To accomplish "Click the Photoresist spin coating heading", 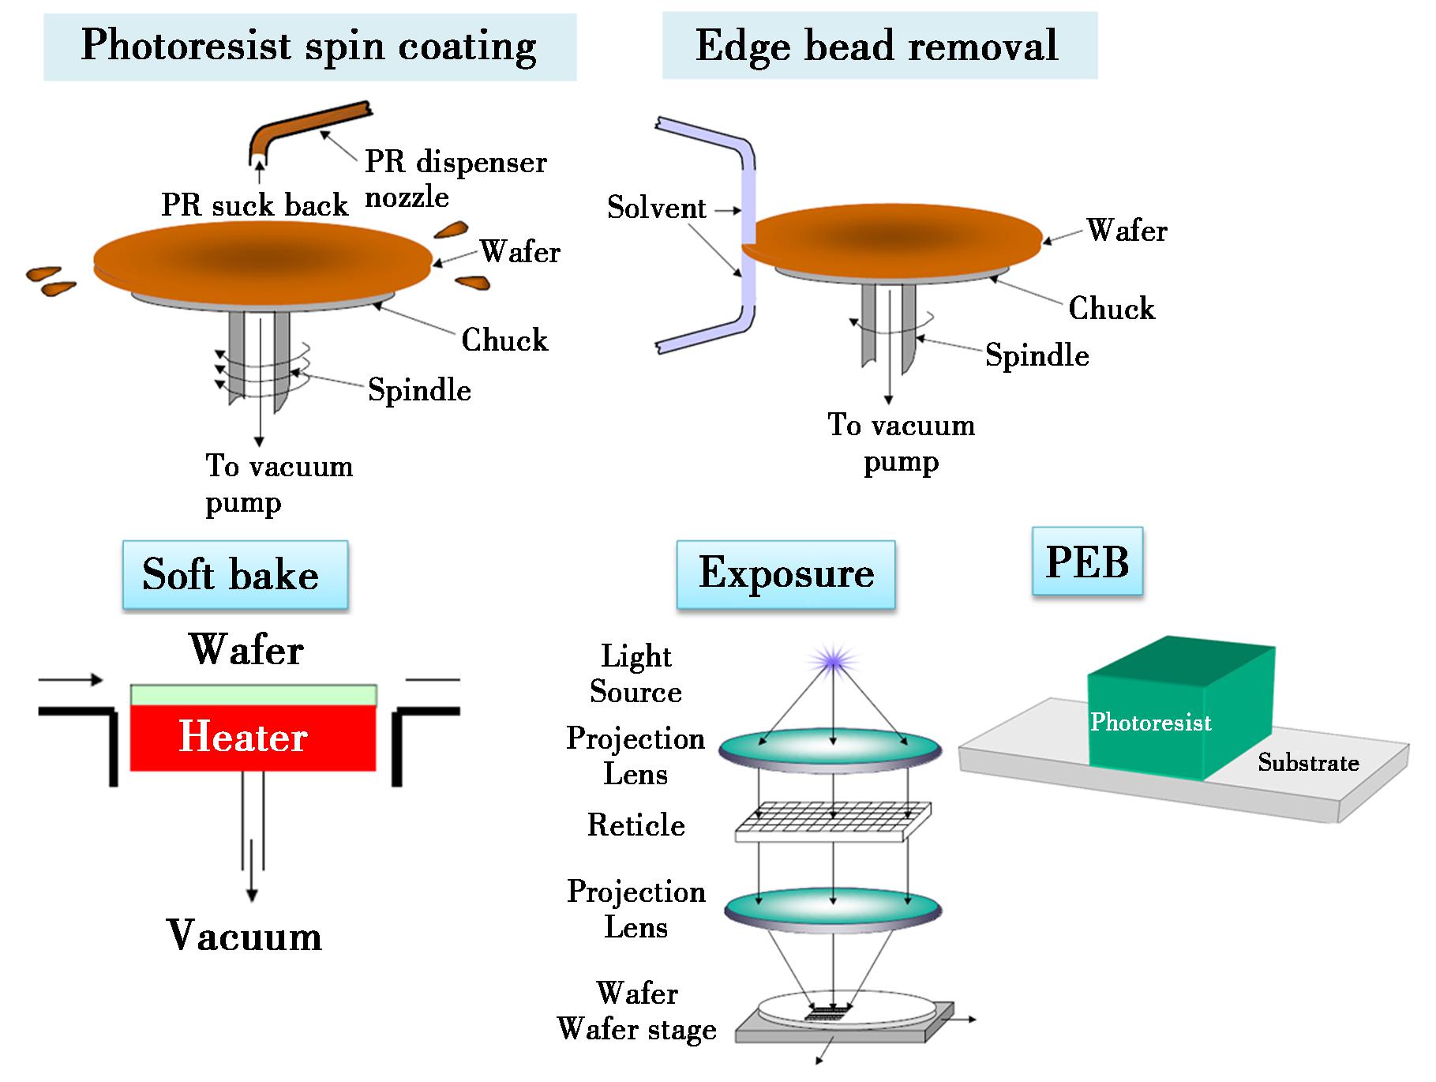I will tap(309, 46).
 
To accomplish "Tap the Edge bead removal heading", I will tap(878, 46).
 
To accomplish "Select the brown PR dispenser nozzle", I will tap(308, 126).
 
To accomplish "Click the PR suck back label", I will tap(254, 205).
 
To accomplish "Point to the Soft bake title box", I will tap(234, 574).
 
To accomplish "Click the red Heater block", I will tap(253, 738).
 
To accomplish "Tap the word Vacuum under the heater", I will tap(245, 936).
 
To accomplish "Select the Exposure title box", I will tap(785, 573).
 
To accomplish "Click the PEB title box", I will tap(1087, 562).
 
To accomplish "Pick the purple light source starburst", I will tap(834, 659).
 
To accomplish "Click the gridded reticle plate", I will tap(833, 822).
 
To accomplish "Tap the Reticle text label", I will tap(636, 825).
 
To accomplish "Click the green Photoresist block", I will tap(1176, 711).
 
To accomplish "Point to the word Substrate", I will tap(1308, 763).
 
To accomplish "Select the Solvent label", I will tap(656, 209).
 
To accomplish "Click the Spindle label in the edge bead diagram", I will tap(1037, 355).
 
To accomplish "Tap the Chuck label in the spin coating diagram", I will tap(504, 340).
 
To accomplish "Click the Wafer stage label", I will tap(636, 1030).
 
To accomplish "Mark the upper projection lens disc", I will tap(830, 747).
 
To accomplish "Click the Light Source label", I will tap(636, 674).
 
